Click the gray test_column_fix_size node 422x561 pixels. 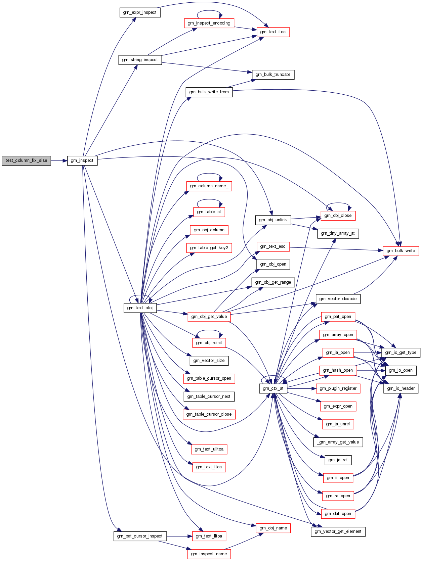[x=26, y=160]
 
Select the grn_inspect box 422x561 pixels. [x=82, y=160]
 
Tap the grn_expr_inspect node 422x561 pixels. [x=140, y=12]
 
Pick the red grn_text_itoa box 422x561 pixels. [x=273, y=32]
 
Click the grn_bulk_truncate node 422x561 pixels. [x=273, y=75]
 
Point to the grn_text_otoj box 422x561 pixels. [x=140, y=308]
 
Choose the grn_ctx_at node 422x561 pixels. [x=273, y=388]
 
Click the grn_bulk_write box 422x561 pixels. [x=400, y=251]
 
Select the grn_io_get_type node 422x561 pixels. [x=400, y=353]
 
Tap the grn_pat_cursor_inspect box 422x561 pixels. [x=140, y=536]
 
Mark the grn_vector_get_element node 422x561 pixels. [x=338, y=531]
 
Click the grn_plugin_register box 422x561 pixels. [x=338, y=388]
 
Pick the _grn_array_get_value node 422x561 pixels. [x=338, y=442]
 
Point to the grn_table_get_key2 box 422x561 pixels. [x=209, y=248]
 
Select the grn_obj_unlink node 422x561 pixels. [x=273, y=220]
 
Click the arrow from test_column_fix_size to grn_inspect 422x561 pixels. [x=59, y=160]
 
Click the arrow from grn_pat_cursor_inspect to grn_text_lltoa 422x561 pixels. [x=179, y=536]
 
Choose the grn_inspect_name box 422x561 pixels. [x=209, y=554]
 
